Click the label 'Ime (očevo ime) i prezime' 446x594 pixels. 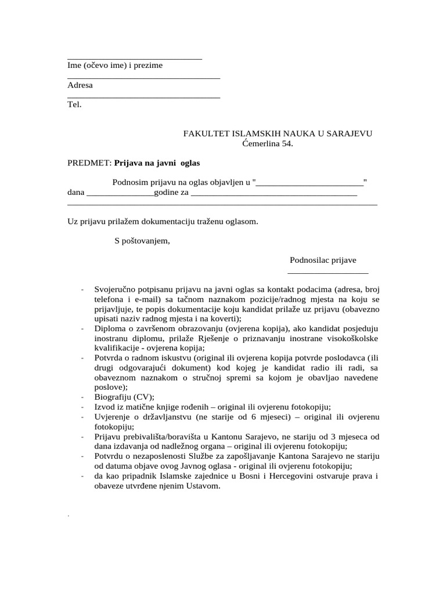[x=115, y=66]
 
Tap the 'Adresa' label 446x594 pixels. [x=80, y=85]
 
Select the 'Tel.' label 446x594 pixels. [x=75, y=105]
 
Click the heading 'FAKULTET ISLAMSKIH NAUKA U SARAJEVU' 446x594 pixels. [x=278, y=133]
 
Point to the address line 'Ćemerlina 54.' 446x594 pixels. [x=268, y=143]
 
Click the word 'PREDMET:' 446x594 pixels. [x=89, y=164]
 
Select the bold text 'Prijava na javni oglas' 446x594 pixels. [x=157, y=164]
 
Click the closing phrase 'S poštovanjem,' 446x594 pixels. [x=142, y=241]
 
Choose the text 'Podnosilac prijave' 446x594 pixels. [x=323, y=260]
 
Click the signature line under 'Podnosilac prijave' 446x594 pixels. [x=328, y=272]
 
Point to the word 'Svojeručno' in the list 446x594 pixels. [x=114, y=289]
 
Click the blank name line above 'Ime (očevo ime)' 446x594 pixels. [x=135, y=59]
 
